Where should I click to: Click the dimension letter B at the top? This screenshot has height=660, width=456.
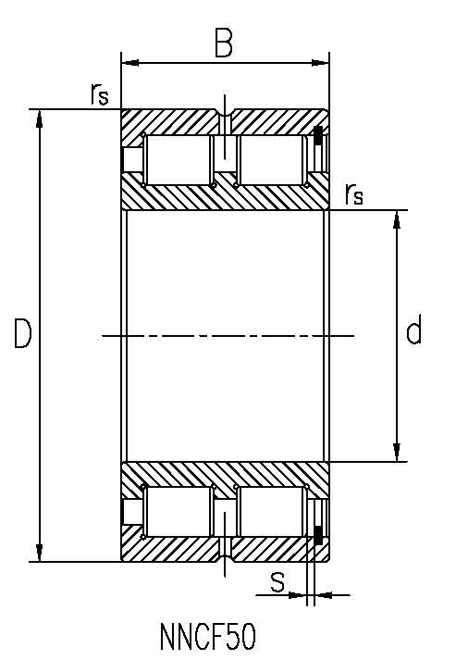[x=223, y=43]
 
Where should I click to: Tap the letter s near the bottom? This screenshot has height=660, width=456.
[x=277, y=581]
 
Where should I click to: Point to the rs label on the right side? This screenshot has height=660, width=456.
[x=353, y=194]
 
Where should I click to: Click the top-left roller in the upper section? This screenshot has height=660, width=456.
[x=177, y=159]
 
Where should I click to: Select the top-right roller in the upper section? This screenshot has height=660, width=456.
[x=271, y=159]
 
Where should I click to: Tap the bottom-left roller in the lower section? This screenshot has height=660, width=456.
[x=177, y=511]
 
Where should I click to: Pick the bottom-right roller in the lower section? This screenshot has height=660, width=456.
[x=271, y=511]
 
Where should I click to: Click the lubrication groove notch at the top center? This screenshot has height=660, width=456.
[x=225, y=116]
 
